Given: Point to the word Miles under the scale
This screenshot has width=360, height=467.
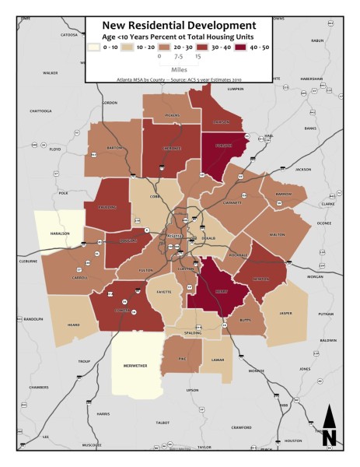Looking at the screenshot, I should tap(180, 68).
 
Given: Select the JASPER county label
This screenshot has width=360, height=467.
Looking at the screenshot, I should tap(285, 313).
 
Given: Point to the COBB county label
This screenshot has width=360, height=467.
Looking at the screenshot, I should tap(154, 197).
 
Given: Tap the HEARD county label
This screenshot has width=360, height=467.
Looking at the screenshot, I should tap(74, 325).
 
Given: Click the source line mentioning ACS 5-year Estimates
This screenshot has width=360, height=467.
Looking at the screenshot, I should tap(180, 79).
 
